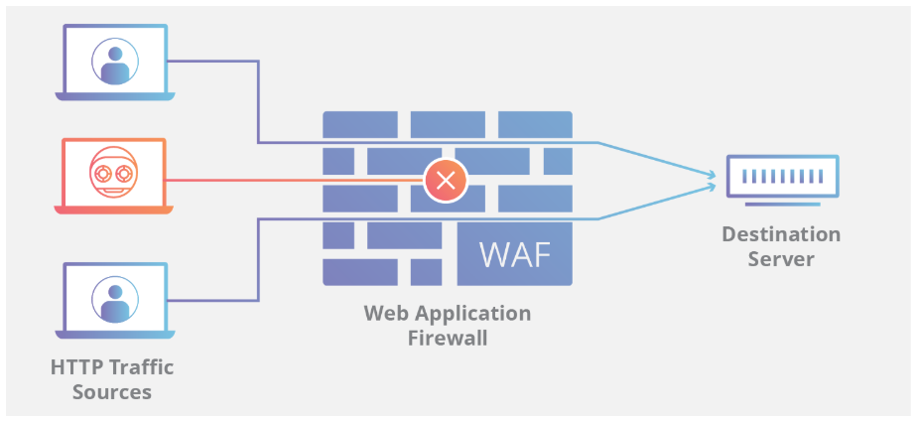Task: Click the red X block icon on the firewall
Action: coord(446,181)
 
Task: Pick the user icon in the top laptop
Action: coord(114,59)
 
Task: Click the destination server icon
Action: coord(781,180)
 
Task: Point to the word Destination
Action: coord(781,235)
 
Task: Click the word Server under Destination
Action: coord(781,259)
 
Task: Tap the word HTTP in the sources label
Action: coord(76,367)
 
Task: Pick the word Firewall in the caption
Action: coord(448,338)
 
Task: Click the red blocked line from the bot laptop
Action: coord(298,181)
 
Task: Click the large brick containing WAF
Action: coord(514,254)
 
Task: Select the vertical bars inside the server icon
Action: coord(781,176)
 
